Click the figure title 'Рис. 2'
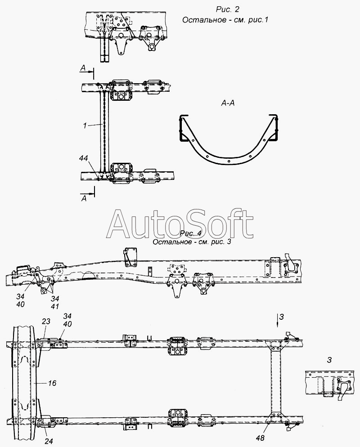(227, 9)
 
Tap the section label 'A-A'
(228, 103)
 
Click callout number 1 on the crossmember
(85, 125)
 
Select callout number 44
(84, 158)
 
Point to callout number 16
(52, 383)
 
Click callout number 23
(46, 322)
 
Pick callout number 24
(49, 441)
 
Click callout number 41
(54, 306)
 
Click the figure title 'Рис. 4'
(191, 233)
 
